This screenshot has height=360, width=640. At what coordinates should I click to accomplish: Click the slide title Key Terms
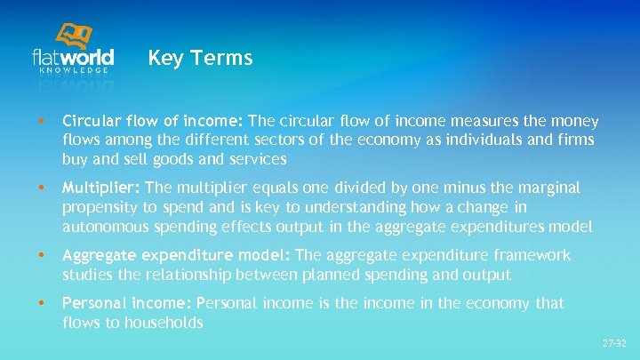click(x=200, y=59)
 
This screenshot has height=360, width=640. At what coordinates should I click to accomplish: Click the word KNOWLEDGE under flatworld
click(x=74, y=69)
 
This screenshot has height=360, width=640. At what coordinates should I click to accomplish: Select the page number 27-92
click(x=614, y=342)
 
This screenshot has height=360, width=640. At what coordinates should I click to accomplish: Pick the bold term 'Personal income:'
click(x=127, y=303)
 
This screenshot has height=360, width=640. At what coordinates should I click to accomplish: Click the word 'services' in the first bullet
click(x=255, y=159)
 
